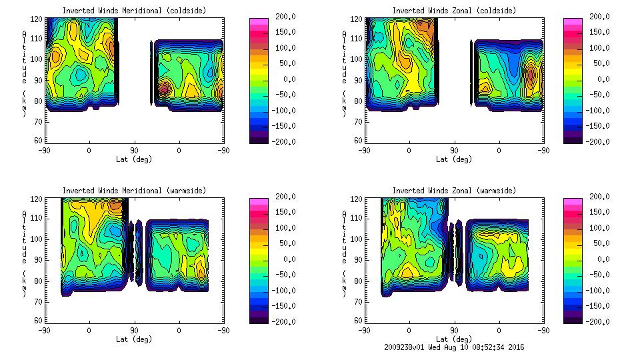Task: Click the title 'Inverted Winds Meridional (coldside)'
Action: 134,11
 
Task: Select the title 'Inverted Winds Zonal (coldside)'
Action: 454,11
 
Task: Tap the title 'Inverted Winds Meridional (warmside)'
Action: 134,191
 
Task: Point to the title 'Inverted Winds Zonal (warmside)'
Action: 454,191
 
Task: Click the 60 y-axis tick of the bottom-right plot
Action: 359,321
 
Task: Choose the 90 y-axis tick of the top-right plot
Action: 359,80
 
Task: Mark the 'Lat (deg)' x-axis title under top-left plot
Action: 134,159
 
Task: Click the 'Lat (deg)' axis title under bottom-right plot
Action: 454,339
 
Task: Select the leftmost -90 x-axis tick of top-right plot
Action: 364,150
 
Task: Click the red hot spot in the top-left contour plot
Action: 164,88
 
